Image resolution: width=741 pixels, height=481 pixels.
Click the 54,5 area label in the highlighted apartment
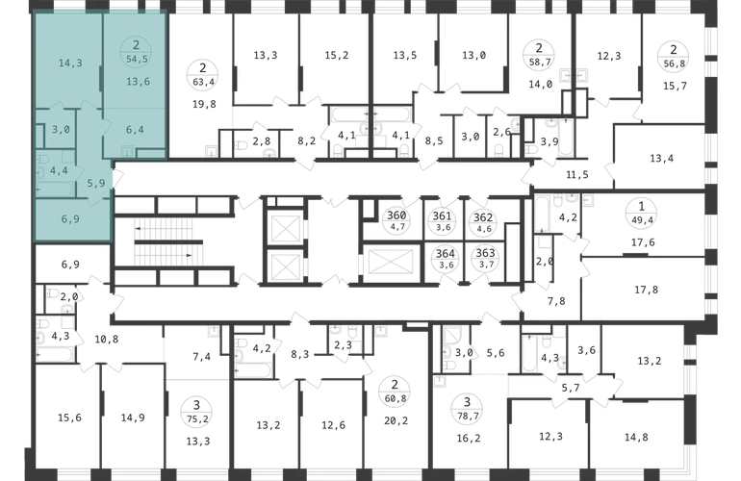click(x=136, y=60)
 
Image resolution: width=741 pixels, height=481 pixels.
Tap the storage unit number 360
click(x=396, y=215)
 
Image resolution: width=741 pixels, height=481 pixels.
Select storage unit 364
click(x=446, y=253)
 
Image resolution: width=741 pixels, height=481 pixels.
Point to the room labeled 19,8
click(x=204, y=104)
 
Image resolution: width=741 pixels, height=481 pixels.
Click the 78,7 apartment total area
click(x=467, y=416)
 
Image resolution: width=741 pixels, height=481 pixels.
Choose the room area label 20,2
click(x=396, y=420)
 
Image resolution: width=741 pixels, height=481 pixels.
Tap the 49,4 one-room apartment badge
click(x=641, y=219)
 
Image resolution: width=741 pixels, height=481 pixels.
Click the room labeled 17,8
click(x=646, y=290)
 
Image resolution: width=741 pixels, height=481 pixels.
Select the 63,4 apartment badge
click(x=203, y=76)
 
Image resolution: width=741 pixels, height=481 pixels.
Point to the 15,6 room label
click(x=69, y=418)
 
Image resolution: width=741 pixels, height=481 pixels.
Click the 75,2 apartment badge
click(x=197, y=412)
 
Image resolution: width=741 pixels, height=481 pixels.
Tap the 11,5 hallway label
click(x=577, y=175)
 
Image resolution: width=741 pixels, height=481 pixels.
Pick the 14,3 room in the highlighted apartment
click(x=70, y=63)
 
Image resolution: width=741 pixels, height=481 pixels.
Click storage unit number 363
click(x=485, y=253)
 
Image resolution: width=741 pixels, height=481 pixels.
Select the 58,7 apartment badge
click(x=539, y=55)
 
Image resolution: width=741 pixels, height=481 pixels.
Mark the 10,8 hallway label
click(x=106, y=340)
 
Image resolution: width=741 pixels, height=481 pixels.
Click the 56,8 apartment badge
click(x=674, y=56)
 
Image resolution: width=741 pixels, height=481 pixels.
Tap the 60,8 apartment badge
click(x=396, y=392)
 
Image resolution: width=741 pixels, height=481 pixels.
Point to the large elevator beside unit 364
click(x=390, y=262)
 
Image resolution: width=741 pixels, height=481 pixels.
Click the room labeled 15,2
click(x=337, y=55)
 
